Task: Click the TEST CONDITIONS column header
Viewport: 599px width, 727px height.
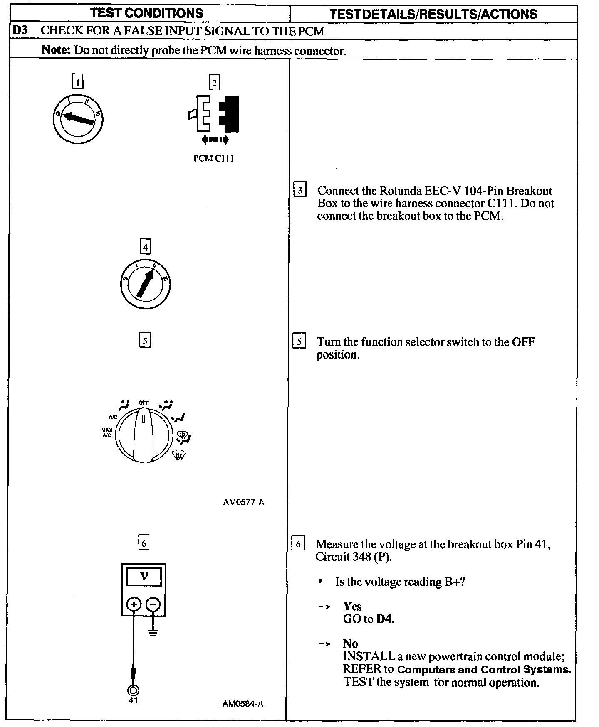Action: (146, 13)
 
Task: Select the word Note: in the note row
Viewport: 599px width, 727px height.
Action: (56, 50)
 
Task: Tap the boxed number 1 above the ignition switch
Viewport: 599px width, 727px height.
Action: (78, 81)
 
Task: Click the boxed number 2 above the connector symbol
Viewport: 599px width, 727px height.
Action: (214, 83)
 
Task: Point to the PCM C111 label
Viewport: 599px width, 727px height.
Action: (213, 159)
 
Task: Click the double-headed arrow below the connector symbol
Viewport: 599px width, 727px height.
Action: (215, 140)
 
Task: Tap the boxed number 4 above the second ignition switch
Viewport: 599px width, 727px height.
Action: (145, 247)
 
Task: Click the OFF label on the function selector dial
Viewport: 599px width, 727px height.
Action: (144, 403)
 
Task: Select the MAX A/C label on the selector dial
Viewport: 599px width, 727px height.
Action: (107, 432)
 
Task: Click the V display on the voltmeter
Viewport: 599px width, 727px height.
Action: (144, 576)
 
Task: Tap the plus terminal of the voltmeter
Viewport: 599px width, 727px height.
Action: (134, 604)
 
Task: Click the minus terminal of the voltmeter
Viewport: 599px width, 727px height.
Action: (153, 604)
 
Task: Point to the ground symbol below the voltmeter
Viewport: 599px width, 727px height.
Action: (153, 633)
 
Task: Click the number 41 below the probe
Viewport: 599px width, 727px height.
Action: (133, 700)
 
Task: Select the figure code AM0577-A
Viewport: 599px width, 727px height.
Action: (243, 502)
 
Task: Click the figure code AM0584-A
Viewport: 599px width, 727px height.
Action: (243, 704)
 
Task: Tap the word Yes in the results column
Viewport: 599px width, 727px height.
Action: (352, 607)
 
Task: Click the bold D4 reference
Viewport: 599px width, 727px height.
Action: (384, 619)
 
